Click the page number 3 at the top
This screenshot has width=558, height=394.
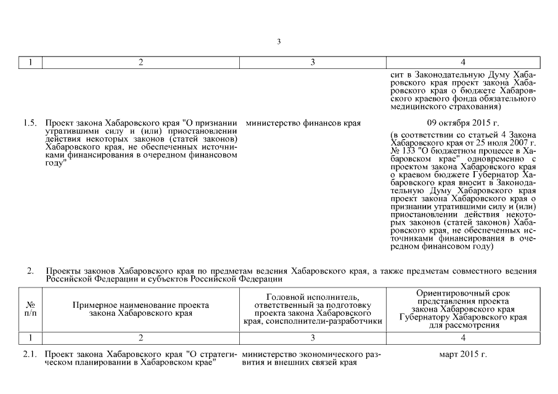(x=279, y=42)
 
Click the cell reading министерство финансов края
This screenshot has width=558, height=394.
(x=303, y=123)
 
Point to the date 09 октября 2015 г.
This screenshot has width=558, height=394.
(x=463, y=123)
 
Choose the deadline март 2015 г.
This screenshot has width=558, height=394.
(x=463, y=355)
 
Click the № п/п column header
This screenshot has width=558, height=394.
(x=30, y=309)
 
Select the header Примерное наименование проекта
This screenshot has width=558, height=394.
(x=141, y=305)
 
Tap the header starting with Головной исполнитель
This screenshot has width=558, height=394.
(x=314, y=297)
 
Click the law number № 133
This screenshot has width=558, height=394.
(x=402, y=150)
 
